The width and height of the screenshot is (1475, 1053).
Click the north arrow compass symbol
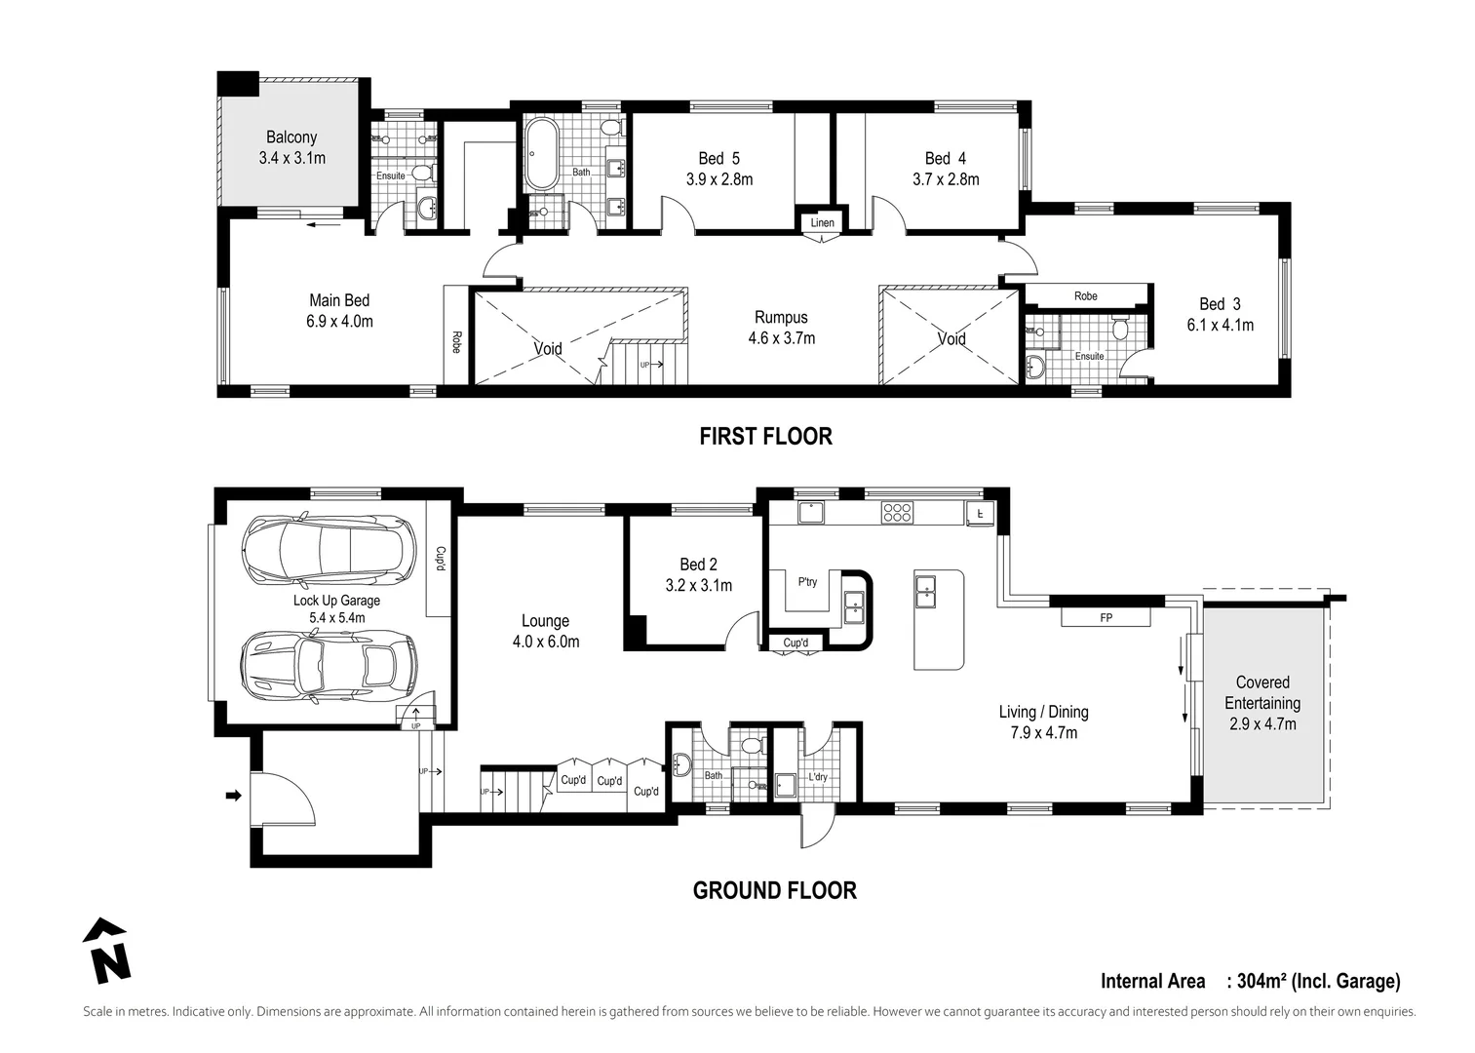(106, 951)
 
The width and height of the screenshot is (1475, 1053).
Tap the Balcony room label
(291, 137)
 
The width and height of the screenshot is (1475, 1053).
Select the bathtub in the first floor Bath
(540, 154)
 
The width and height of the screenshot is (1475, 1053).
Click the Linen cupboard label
(822, 223)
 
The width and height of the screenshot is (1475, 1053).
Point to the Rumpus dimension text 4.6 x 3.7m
(781, 338)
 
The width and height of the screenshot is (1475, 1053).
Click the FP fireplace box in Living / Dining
(1106, 618)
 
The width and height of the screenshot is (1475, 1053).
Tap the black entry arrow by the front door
(233, 796)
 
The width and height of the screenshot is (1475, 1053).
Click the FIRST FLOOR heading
(765, 436)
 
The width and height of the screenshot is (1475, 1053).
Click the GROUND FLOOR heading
(774, 890)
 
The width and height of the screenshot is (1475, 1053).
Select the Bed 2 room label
(698, 565)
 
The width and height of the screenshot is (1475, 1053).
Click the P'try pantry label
(807, 582)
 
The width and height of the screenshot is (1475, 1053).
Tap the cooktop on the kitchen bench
(896, 511)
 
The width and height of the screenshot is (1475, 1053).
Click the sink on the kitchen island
(925, 586)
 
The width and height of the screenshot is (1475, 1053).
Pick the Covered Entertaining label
(1262, 692)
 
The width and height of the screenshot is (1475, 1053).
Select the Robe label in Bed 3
(1085, 296)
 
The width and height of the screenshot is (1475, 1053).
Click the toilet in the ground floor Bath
(752, 747)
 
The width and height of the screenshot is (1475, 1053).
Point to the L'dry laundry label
(818, 777)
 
